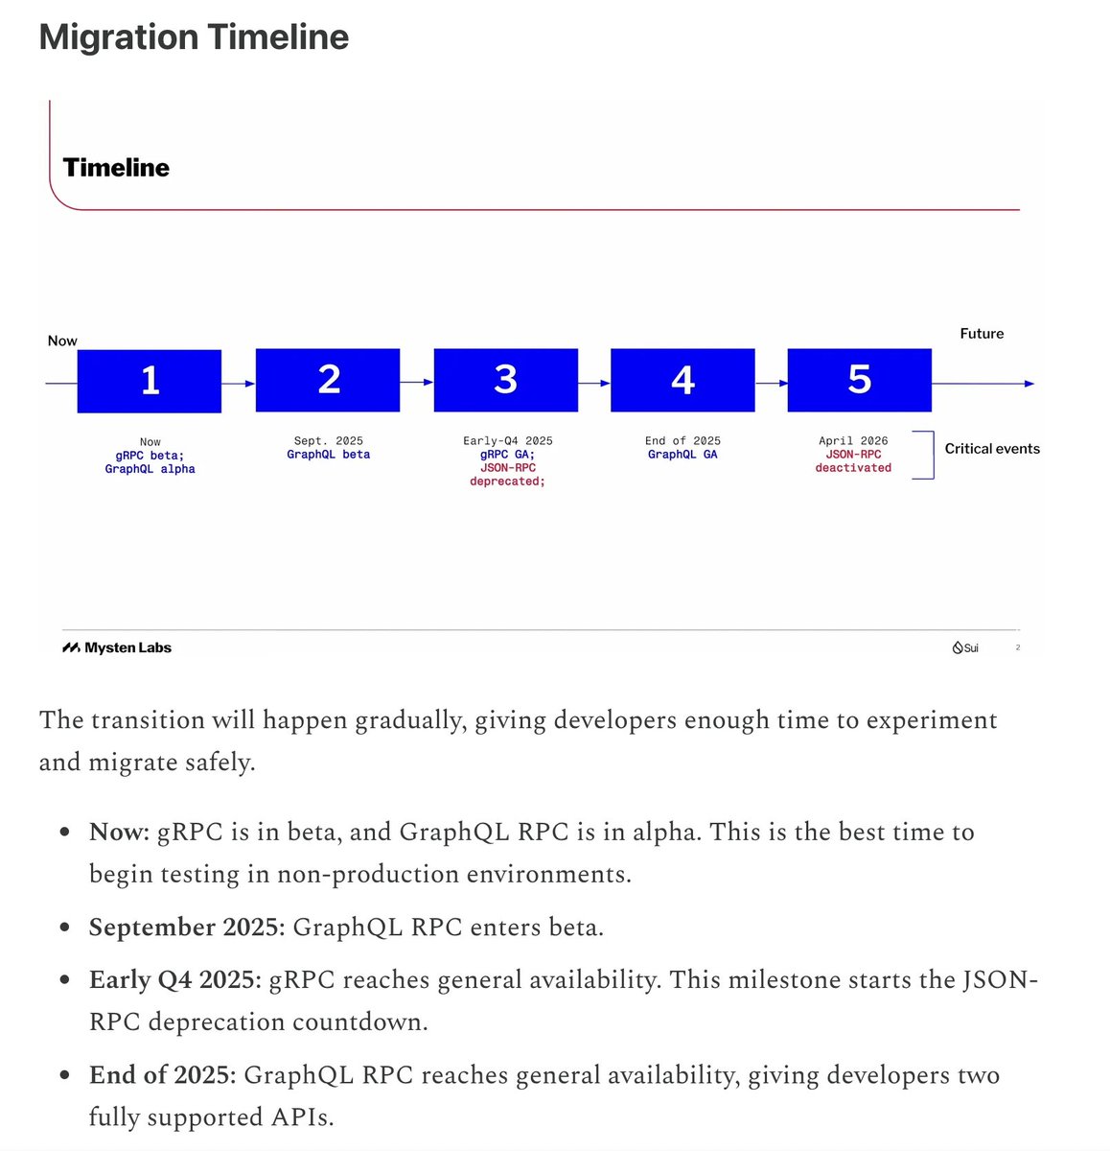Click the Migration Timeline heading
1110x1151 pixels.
(194, 37)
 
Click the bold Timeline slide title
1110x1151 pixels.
(116, 168)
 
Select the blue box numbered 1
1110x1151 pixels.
(150, 381)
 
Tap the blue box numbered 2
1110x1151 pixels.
(328, 380)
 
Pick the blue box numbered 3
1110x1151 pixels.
(506, 380)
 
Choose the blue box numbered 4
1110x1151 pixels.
(682, 380)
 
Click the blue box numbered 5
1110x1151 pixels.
(859, 380)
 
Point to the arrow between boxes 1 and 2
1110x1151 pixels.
(239, 384)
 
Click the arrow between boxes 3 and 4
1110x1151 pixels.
(594, 384)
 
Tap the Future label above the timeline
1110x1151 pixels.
(982, 334)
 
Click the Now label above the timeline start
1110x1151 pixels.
(62, 341)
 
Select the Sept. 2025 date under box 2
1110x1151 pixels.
(328, 441)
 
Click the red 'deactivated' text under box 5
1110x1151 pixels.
(853, 468)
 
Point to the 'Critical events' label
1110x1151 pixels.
(992, 449)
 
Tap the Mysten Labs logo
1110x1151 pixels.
(117, 647)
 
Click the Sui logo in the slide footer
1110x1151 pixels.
(965, 647)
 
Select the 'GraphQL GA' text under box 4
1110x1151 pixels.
(682, 455)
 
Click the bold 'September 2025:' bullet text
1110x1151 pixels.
(187, 928)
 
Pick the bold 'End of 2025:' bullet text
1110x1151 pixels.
(162, 1075)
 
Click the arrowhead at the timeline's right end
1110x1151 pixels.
(1029, 384)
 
